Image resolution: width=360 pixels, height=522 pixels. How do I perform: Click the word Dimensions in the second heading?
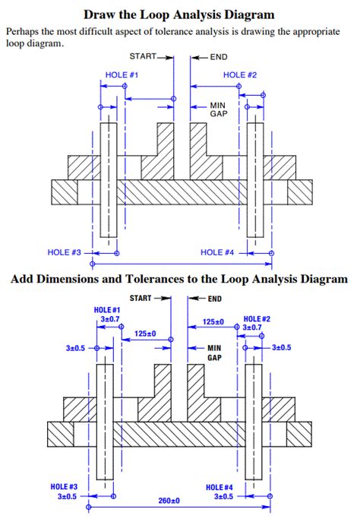[x=77, y=279]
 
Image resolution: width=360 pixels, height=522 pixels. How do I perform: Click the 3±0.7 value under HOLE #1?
[x=111, y=320]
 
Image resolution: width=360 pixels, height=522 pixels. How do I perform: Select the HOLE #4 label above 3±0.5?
[x=219, y=486]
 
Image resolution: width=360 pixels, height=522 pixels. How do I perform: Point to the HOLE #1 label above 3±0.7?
[x=107, y=311]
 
